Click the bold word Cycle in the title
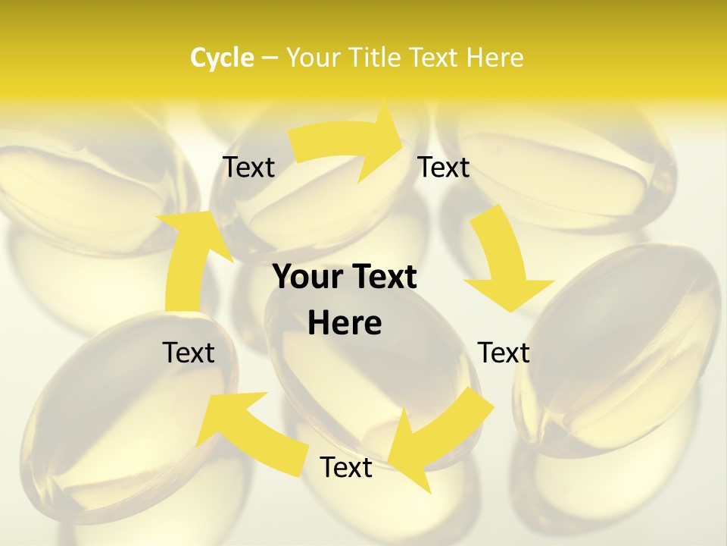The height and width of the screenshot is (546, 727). click(x=222, y=58)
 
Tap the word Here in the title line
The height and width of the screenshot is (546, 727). click(x=495, y=58)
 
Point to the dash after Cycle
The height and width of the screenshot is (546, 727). click(x=269, y=58)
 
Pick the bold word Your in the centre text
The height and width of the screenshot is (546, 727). click(x=307, y=277)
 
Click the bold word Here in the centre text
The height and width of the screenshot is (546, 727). click(x=345, y=323)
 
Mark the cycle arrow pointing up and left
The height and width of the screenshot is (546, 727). click(x=242, y=428)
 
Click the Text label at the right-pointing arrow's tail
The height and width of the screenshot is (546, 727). click(x=248, y=167)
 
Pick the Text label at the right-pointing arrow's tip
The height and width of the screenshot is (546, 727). click(x=443, y=167)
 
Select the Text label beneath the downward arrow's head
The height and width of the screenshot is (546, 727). click(x=504, y=353)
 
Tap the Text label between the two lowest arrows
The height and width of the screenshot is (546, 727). click(x=346, y=467)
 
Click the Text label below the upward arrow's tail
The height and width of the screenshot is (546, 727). click(x=189, y=353)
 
